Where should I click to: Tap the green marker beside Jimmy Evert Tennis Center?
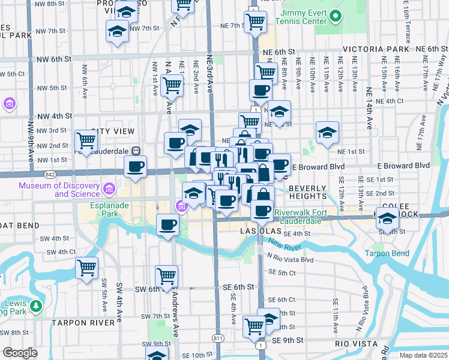click(336, 16)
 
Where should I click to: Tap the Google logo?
click(20, 353)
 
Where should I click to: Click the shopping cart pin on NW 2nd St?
click(86, 141)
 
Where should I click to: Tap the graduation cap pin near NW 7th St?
click(117, 31)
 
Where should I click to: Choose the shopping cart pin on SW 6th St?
click(166, 277)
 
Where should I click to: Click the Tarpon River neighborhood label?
click(83, 322)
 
